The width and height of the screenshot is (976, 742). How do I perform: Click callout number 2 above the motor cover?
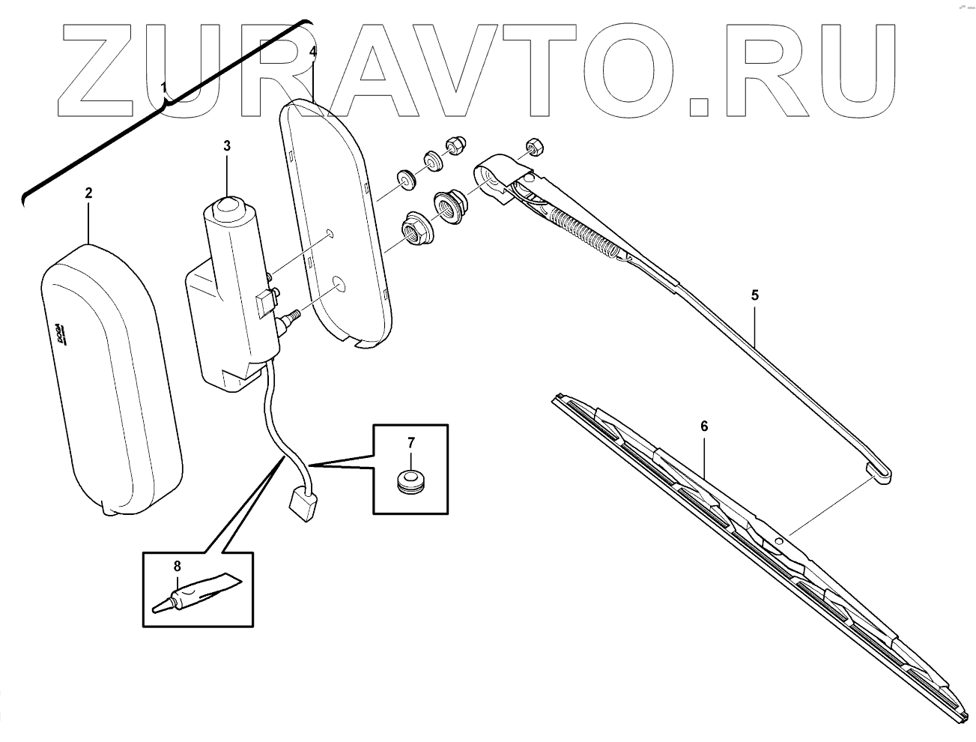pos(88,193)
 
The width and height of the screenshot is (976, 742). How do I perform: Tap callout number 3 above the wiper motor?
pos(227,146)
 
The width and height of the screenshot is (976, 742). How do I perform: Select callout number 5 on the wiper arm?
pos(755,295)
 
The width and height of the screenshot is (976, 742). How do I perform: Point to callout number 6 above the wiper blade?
pos(704,426)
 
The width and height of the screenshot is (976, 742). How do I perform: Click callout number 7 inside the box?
pos(410,442)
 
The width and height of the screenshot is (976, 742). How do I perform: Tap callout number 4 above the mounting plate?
pos(313,52)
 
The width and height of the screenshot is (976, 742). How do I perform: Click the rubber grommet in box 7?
pos(410,480)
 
